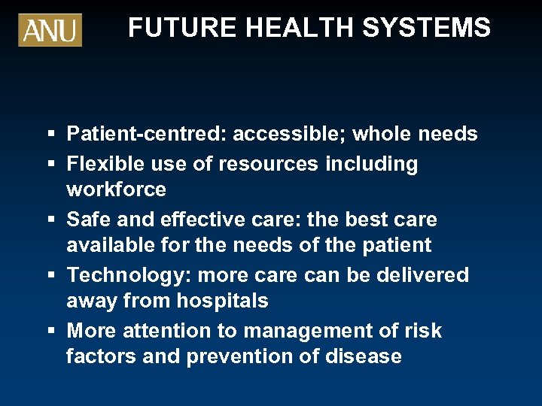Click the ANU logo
pos(50,29)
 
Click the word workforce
pos(116,189)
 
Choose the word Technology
pos(123,275)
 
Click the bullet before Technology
pos(49,275)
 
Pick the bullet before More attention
pos(49,331)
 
